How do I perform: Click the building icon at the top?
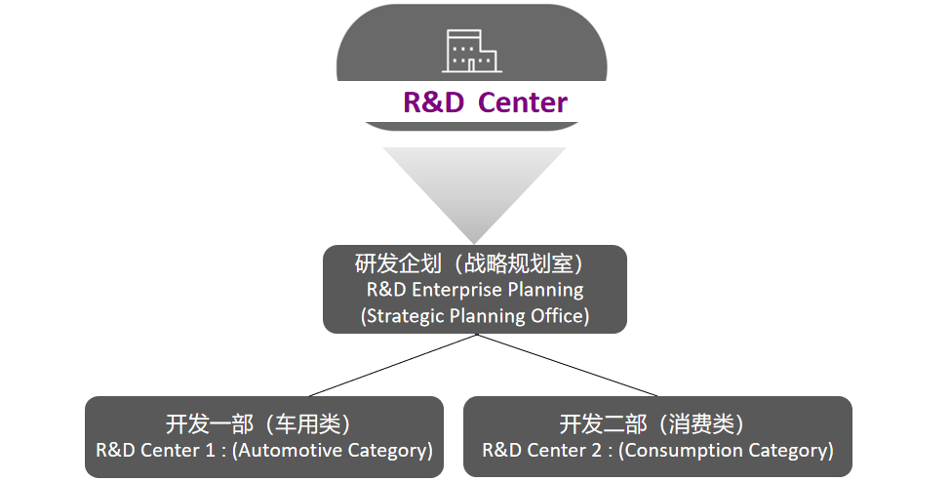(x=471, y=51)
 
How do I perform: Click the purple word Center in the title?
(x=523, y=102)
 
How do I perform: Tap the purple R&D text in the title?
(x=433, y=102)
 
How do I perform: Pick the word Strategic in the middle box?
(x=404, y=316)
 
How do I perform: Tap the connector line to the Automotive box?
(x=393, y=365)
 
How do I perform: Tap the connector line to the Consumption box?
(x=567, y=365)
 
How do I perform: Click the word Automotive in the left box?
(x=290, y=451)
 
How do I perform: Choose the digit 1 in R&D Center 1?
(x=209, y=451)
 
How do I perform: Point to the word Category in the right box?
(x=791, y=451)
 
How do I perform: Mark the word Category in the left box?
(x=390, y=451)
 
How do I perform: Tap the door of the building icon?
(x=471, y=65)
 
